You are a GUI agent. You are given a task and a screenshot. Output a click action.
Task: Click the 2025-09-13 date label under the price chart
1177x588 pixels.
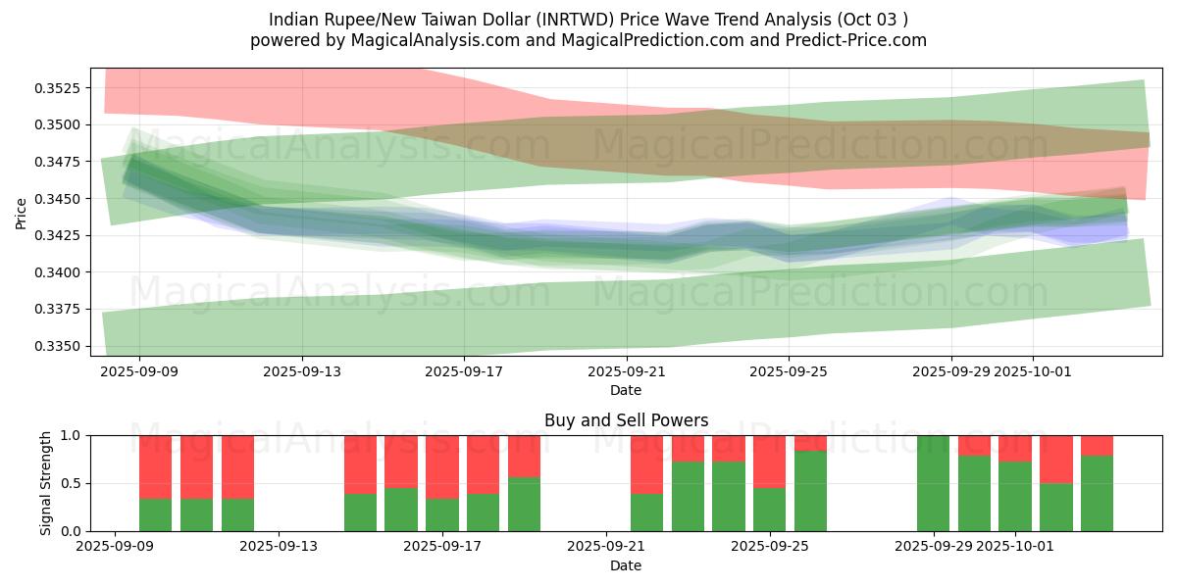pyautogui.click(x=301, y=371)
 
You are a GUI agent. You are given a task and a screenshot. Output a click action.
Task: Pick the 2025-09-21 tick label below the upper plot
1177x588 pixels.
pyautogui.click(x=626, y=371)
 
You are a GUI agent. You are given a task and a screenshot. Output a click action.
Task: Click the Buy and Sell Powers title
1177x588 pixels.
pyautogui.click(x=626, y=420)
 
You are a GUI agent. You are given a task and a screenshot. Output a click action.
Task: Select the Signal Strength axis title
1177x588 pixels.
pyautogui.click(x=46, y=483)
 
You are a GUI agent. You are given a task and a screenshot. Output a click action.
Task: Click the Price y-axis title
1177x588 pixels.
pyautogui.click(x=22, y=212)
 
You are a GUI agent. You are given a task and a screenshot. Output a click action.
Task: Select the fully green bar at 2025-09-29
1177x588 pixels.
pyautogui.click(x=933, y=483)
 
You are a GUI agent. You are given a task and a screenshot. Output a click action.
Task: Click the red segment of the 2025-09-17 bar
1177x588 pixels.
pyautogui.click(x=442, y=466)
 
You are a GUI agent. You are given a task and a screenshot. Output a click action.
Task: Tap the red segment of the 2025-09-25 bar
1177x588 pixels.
pyautogui.click(x=770, y=461)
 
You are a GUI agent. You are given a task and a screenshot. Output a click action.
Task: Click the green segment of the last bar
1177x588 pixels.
pyautogui.click(x=1097, y=493)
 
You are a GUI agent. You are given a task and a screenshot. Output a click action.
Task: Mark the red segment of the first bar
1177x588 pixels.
pyautogui.click(x=156, y=466)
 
